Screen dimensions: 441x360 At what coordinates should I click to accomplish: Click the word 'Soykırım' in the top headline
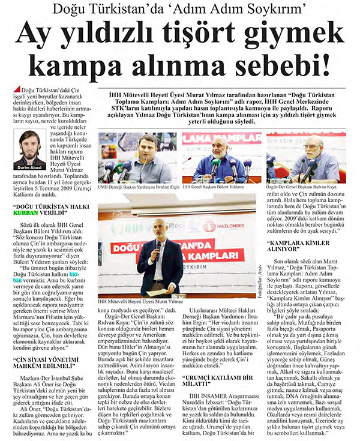coord(266,10)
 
